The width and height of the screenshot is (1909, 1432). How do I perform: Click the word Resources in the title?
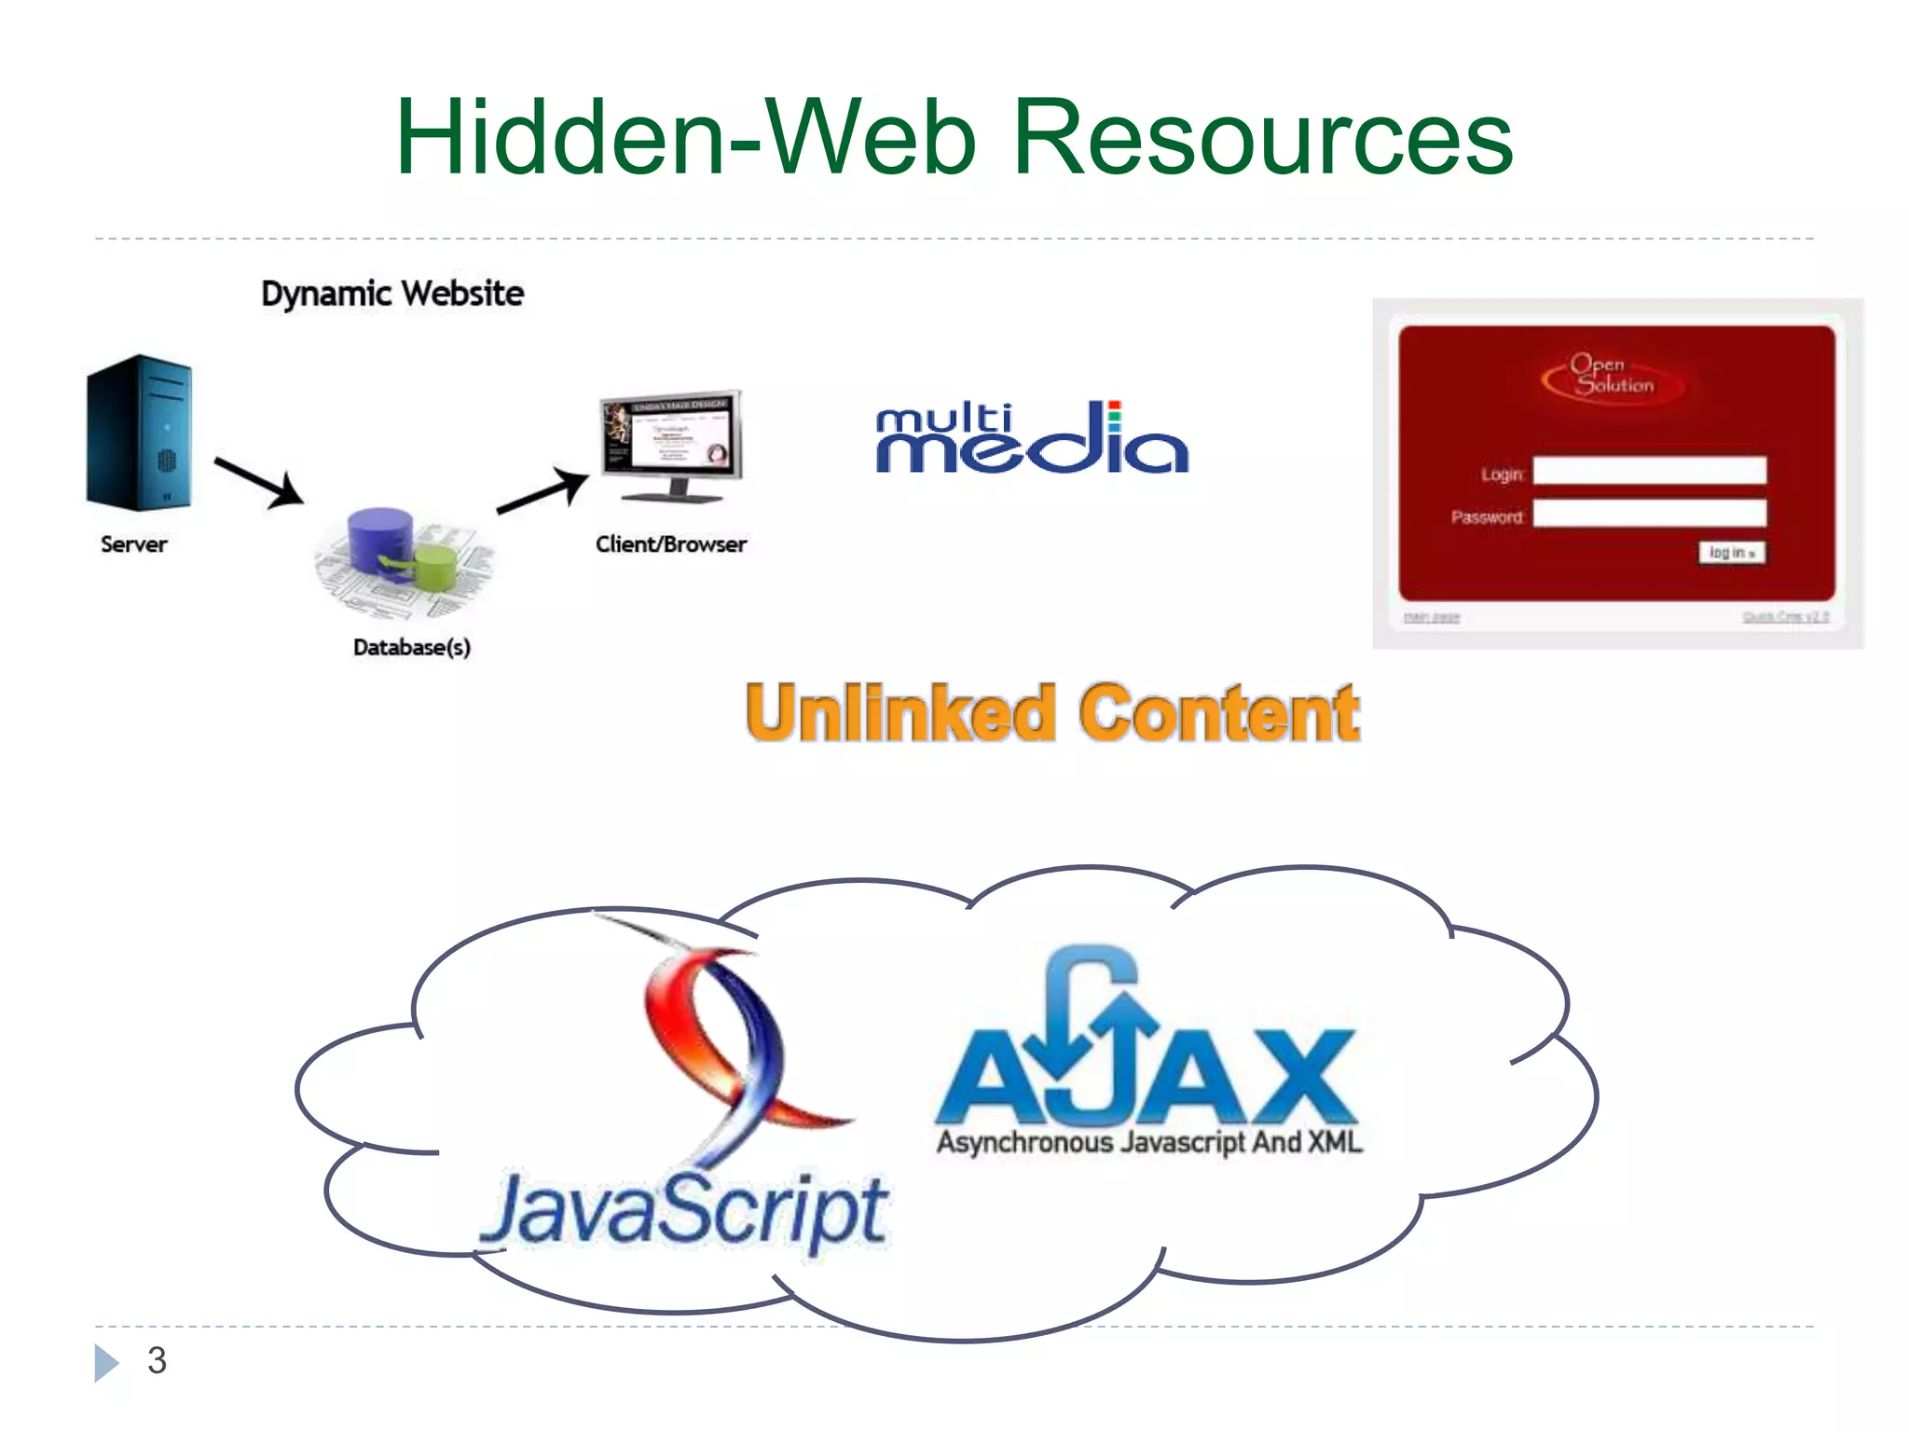coord(1262,138)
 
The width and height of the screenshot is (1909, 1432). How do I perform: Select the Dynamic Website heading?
coord(392,294)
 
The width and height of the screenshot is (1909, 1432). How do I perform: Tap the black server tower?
coord(140,433)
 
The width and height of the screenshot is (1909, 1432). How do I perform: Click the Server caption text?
coord(134,544)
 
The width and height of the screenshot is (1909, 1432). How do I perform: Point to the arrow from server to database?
coord(258,481)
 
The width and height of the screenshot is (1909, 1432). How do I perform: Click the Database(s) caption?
coord(412,647)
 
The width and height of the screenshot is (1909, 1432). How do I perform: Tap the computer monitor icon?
coord(672,443)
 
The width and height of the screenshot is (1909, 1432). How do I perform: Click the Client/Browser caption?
coord(671,544)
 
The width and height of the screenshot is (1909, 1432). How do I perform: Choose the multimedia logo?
coord(1032,438)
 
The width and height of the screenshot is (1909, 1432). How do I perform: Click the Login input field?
coord(1649,471)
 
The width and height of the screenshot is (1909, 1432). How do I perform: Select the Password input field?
coord(1649,514)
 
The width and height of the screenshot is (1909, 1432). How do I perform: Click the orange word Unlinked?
coord(900,713)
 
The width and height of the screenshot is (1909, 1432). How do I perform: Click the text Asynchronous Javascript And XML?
coord(1149,1142)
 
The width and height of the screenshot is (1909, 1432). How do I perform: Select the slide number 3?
coord(157,1360)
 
